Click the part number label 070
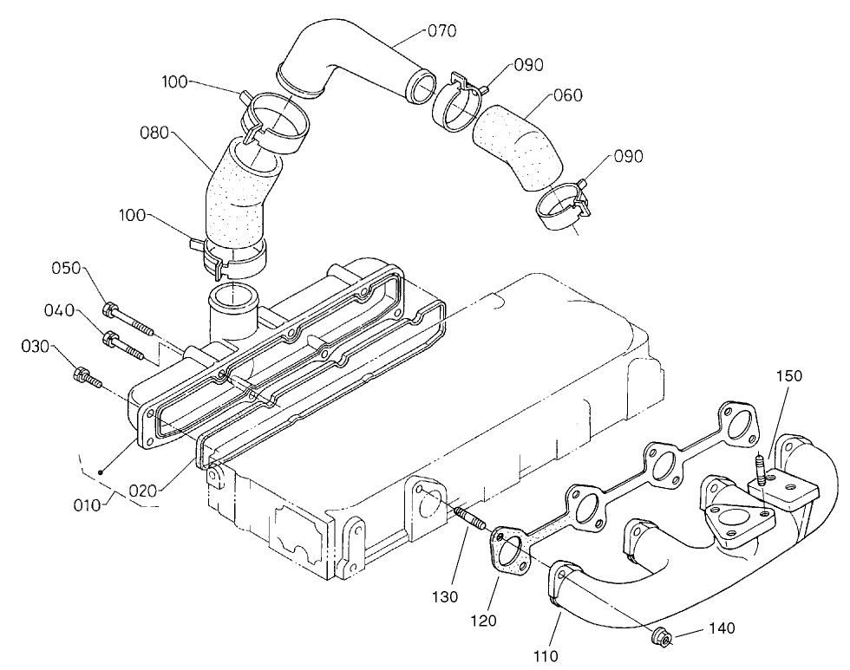pos(442,31)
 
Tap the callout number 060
pos(568,95)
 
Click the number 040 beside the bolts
pos(60,309)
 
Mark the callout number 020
pos(143,490)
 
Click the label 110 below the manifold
pos(546,655)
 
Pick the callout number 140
pos(722,627)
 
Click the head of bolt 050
pos(109,309)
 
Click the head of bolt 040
pos(110,339)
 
